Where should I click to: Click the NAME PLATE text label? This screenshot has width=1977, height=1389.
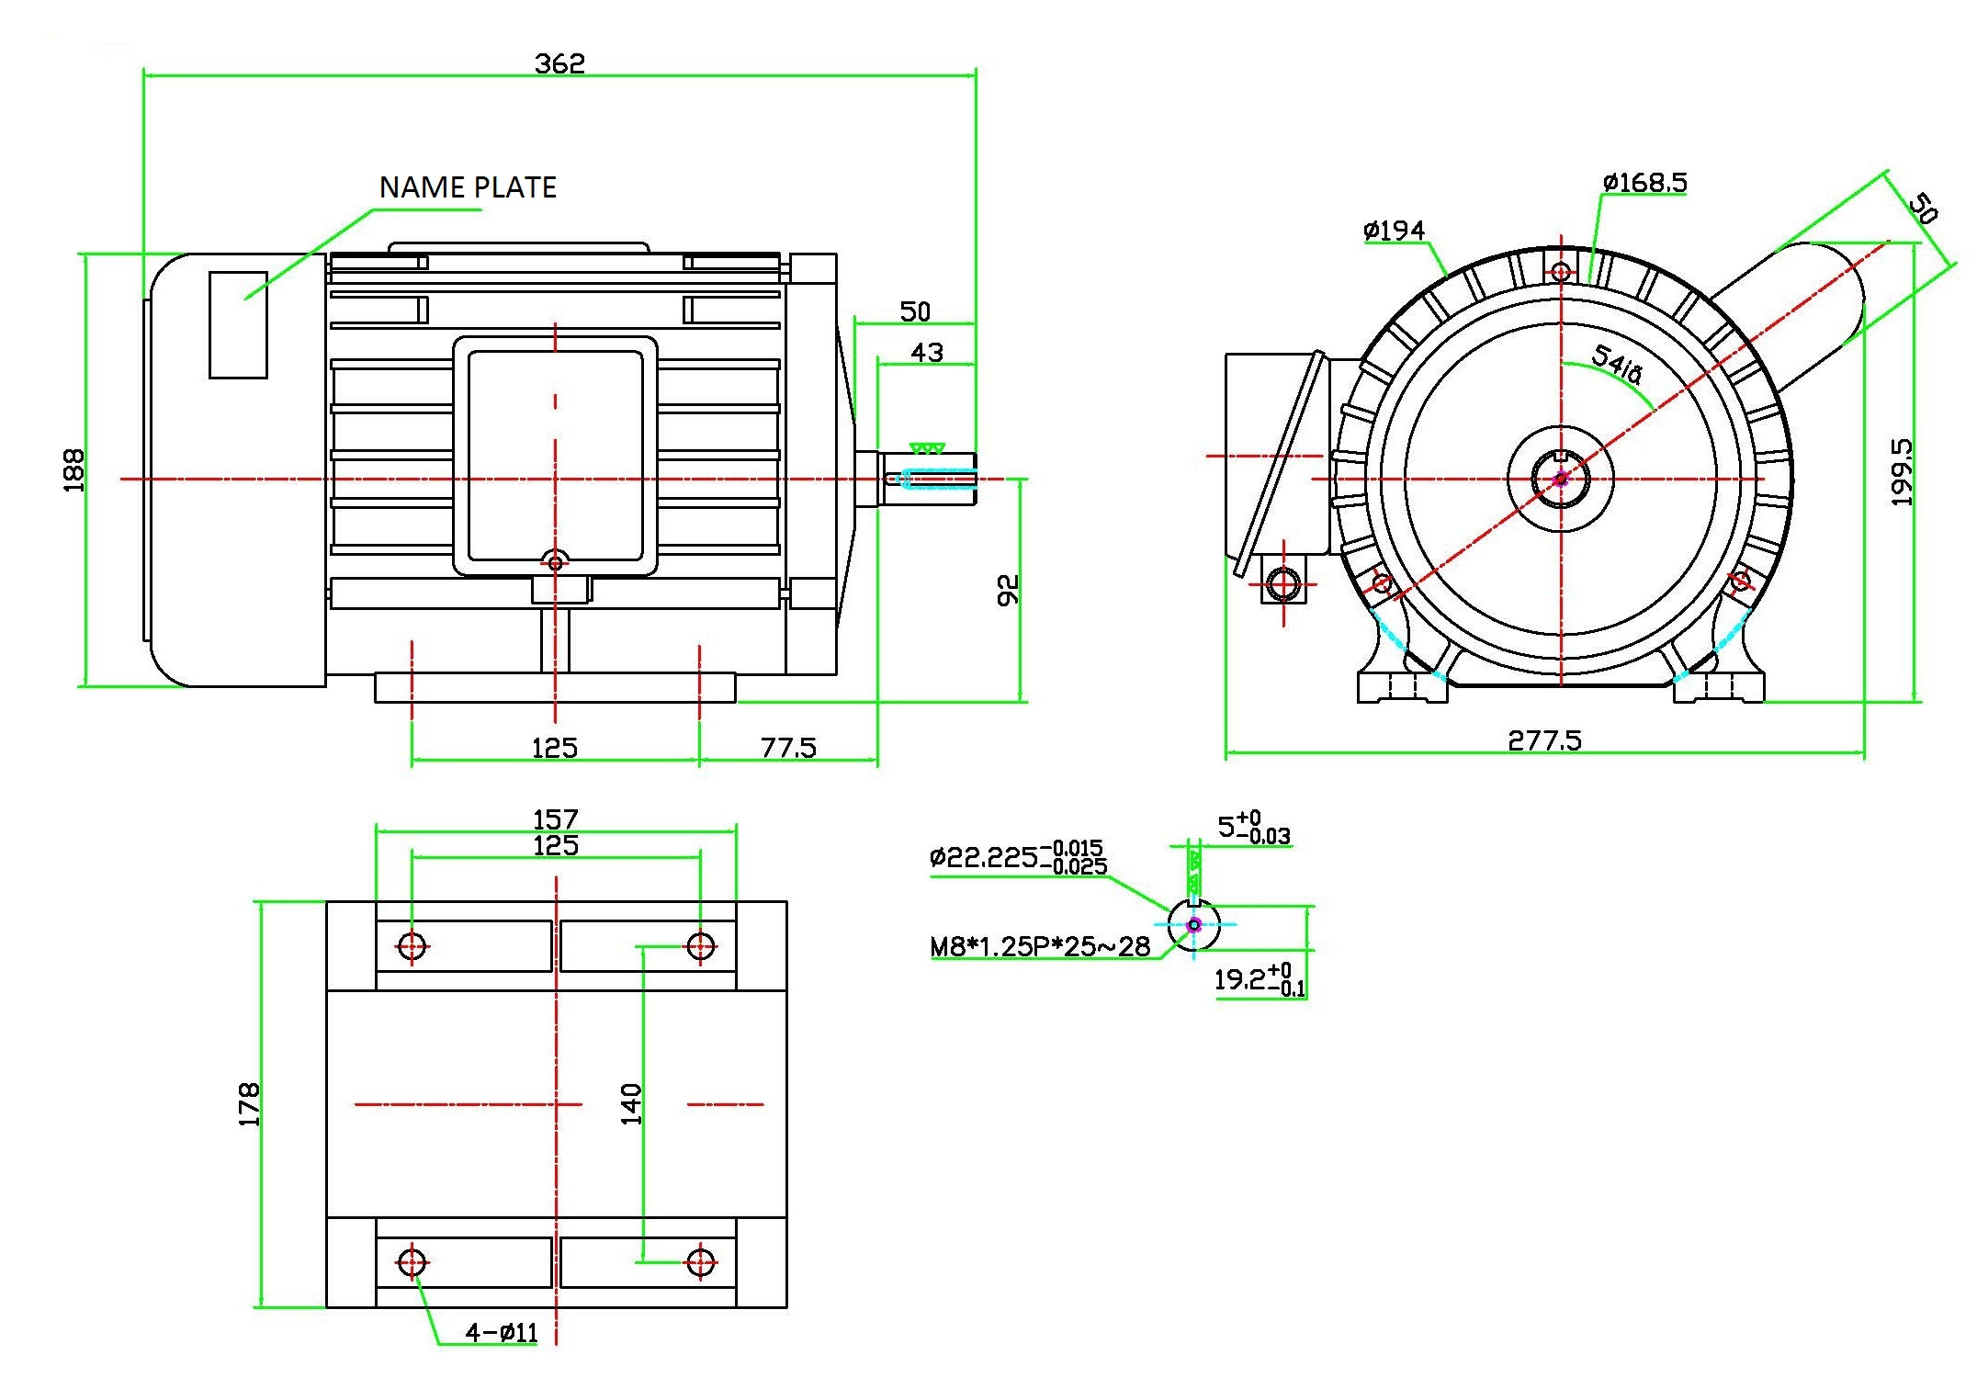coord(468,187)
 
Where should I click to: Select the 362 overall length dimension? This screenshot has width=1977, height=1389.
coord(559,63)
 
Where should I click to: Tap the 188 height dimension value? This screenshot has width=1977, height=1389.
coord(73,470)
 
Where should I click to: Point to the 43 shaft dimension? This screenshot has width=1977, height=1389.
coord(926,353)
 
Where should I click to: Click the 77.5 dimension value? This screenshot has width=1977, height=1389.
coord(788,748)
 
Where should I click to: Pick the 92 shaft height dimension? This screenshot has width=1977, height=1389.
coord(1008,590)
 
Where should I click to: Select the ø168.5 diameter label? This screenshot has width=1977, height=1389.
coord(1644,183)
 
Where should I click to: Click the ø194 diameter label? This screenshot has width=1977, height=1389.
coord(1394,230)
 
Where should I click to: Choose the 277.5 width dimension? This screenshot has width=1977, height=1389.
coord(1544,740)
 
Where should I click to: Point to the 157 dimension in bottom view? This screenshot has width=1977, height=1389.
coord(556,818)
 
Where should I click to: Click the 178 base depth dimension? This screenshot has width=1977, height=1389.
coord(249,1104)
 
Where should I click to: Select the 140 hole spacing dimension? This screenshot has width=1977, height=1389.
coord(631,1104)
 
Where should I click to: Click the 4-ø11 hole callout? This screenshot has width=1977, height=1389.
coord(502,1332)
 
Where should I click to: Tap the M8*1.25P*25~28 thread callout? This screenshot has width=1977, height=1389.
coord(1040,947)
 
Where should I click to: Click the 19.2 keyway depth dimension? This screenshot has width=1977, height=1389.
coord(1259,979)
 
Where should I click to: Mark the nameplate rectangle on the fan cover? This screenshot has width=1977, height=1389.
coord(238,324)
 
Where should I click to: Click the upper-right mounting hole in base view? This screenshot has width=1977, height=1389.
coord(701,945)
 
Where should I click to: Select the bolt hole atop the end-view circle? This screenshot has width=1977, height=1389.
coord(1561,272)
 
